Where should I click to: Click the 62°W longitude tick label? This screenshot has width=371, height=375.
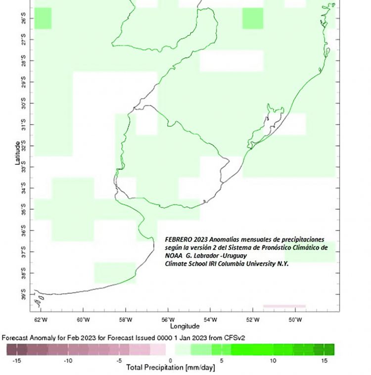click(41, 319)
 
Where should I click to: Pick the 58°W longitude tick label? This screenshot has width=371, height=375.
click(126, 319)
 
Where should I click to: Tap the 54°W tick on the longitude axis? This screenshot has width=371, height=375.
click(211, 319)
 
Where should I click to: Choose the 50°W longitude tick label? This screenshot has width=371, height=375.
click(295, 319)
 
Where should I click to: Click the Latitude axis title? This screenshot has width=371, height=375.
click(18, 153)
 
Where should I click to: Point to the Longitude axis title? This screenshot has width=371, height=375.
click(185, 327)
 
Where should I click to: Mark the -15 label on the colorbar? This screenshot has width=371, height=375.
click(16, 361)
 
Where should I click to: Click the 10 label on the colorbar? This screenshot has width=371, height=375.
click(273, 361)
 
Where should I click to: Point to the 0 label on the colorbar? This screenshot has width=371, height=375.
click(170, 361)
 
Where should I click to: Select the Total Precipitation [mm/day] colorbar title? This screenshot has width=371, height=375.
click(171, 368)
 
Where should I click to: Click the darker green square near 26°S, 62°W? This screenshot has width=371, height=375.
click(43, 18)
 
